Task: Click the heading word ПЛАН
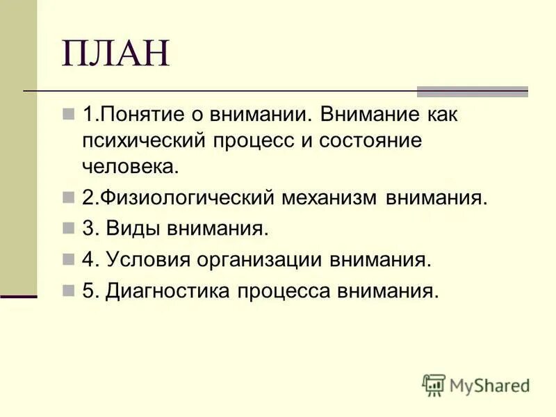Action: click(x=115, y=54)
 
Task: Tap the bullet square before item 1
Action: click(x=67, y=113)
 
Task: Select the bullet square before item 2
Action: click(x=67, y=197)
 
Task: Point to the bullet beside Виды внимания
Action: click(x=67, y=228)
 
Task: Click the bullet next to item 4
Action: click(x=67, y=259)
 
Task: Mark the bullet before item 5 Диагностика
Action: click(x=67, y=291)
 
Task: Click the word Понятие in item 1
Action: click(x=135, y=115)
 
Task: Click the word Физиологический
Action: click(x=188, y=198)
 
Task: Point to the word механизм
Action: click(x=327, y=198)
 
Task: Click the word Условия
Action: click(x=146, y=260)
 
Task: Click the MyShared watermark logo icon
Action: click(x=434, y=385)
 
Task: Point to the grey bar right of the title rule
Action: click(x=472, y=91)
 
